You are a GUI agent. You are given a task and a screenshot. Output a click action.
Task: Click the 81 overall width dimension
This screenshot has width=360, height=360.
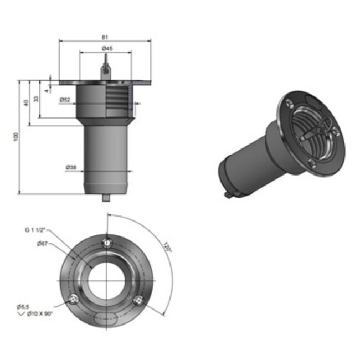tap(105, 37)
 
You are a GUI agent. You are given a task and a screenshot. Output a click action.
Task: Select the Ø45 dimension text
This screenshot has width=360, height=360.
tap(107, 49)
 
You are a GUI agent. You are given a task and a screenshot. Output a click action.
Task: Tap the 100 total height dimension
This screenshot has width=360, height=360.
tap(17, 136)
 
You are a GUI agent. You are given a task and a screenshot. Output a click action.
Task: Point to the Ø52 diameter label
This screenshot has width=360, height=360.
tap(65, 100)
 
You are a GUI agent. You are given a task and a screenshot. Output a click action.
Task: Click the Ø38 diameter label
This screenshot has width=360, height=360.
tap(71, 167)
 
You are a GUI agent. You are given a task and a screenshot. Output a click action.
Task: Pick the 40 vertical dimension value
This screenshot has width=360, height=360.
tap(26, 102)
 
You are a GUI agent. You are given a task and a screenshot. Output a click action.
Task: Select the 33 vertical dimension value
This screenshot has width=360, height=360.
tap(36, 99)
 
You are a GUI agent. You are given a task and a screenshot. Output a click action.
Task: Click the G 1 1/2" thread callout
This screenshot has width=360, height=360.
tap(35, 229)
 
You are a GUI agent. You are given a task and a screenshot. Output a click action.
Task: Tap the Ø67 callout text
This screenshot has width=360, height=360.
tap(42, 243)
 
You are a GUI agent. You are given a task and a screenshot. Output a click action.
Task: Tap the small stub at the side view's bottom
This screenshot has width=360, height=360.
tap(106, 197)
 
